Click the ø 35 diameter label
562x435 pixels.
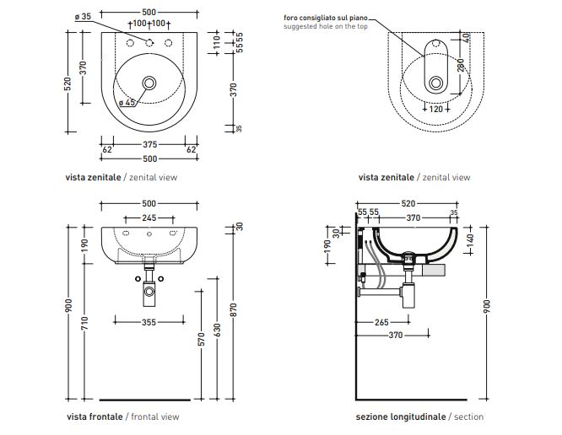pyautogui.click(x=83, y=16)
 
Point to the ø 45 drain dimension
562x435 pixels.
pyautogui.click(x=127, y=103)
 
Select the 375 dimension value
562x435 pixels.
pyautogui.click(x=149, y=144)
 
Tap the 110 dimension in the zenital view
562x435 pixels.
pyautogui.click(x=216, y=39)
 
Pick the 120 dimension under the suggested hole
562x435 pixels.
pyautogui.click(x=436, y=110)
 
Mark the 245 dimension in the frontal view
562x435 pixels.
pyautogui.click(x=149, y=218)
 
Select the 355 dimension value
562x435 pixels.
pyautogui.click(x=149, y=321)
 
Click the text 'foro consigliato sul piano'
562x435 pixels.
pyautogui.click(x=322, y=17)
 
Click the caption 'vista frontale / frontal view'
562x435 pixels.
pyautogui.click(x=122, y=416)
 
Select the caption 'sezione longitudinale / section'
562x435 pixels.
pyautogui.click(x=419, y=416)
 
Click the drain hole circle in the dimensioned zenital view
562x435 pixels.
pyautogui.click(x=149, y=83)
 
